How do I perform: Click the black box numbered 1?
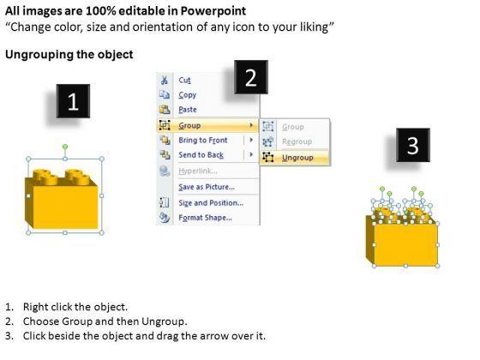click(x=73, y=101)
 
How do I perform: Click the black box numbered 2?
click(x=251, y=77)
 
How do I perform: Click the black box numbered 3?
click(x=413, y=145)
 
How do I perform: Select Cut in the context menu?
click(x=184, y=81)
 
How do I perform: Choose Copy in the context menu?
click(x=188, y=95)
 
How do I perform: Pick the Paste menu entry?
click(x=188, y=110)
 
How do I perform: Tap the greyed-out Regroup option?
click(x=297, y=141)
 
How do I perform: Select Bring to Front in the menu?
click(x=203, y=141)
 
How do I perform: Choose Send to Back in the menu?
click(x=201, y=155)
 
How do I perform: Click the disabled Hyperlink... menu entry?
click(x=198, y=171)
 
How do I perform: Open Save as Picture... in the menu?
click(x=207, y=187)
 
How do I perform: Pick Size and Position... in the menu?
click(x=211, y=202)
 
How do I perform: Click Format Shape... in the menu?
click(x=206, y=218)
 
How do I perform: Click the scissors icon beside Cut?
click(x=165, y=81)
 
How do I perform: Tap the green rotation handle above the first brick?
click(x=65, y=147)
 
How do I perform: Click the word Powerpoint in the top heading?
click(x=213, y=11)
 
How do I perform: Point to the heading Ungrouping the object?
click(x=69, y=55)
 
